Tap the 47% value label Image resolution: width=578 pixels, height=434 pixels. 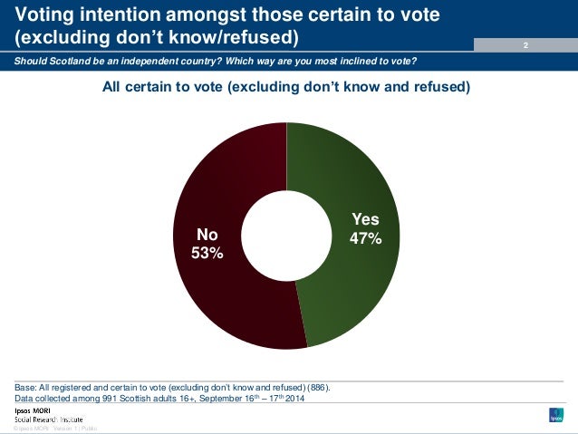[x=365, y=238]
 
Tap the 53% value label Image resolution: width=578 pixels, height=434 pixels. [x=207, y=253]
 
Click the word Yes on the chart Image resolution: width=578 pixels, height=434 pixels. [x=365, y=220]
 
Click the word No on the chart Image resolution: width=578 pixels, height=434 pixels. [x=207, y=235]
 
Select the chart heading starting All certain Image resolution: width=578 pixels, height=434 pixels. [x=286, y=88]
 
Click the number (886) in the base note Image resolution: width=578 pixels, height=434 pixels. [x=317, y=387]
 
